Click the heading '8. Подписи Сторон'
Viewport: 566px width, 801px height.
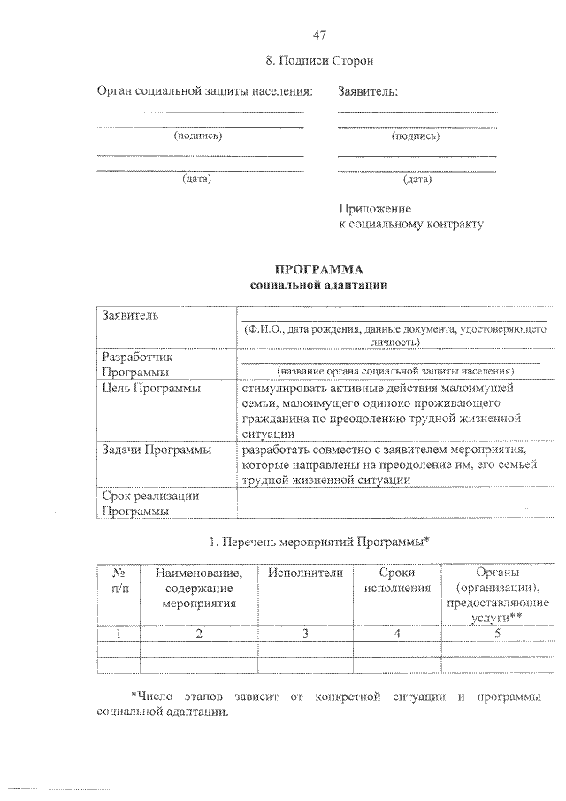click(319, 61)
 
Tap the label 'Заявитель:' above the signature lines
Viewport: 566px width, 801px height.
click(368, 91)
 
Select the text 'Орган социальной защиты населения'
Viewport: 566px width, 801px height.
click(203, 91)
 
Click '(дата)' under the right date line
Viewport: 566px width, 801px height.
click(416, 179)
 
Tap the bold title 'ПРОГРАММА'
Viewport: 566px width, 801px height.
click(319, 269)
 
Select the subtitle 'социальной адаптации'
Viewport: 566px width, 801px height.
click(319, 285)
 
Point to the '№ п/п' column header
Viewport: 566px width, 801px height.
click(119, 581)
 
